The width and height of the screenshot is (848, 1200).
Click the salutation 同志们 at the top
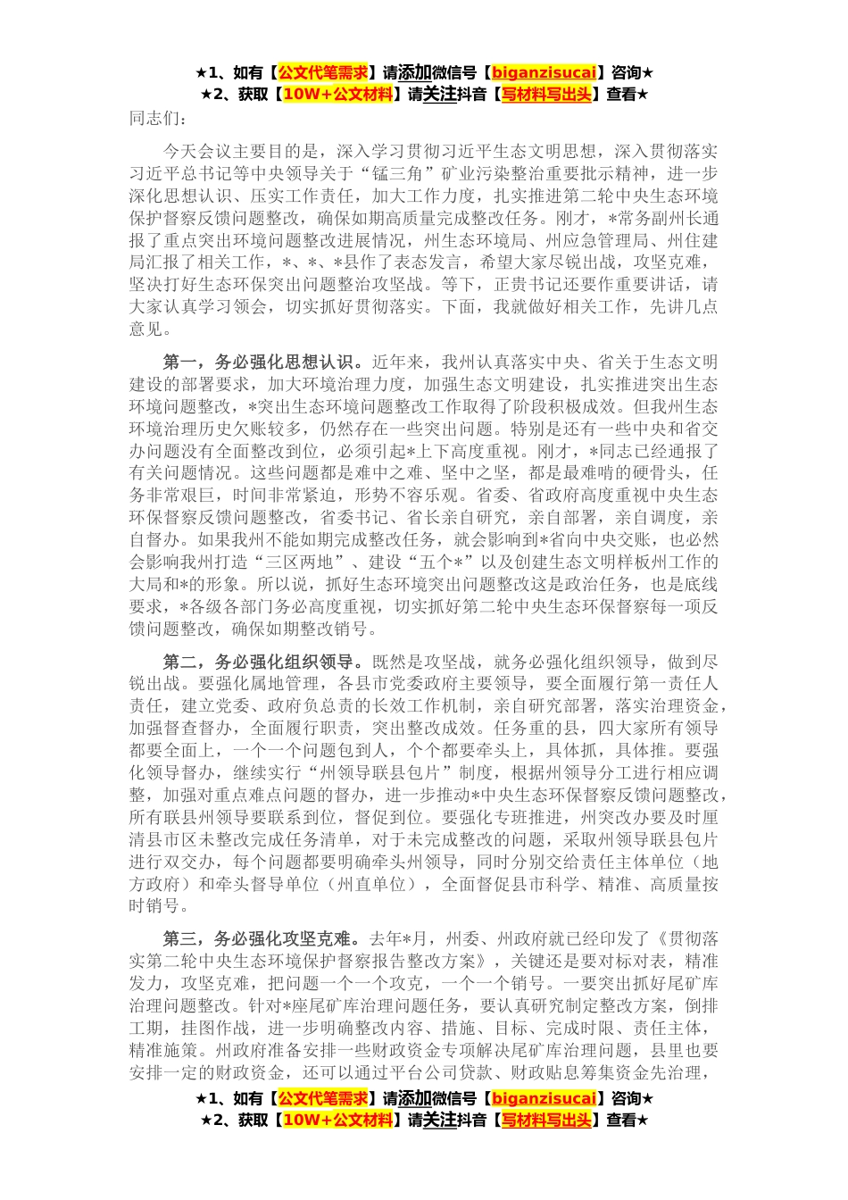[159, 117]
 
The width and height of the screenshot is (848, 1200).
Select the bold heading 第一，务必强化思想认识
[262, 362]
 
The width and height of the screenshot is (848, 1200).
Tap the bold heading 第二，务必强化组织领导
[262, 662]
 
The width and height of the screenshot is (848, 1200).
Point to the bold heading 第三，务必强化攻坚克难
[262, 939]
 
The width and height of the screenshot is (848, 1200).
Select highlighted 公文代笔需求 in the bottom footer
[322, 1098]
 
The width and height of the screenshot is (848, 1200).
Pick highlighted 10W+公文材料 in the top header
[337, 94]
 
